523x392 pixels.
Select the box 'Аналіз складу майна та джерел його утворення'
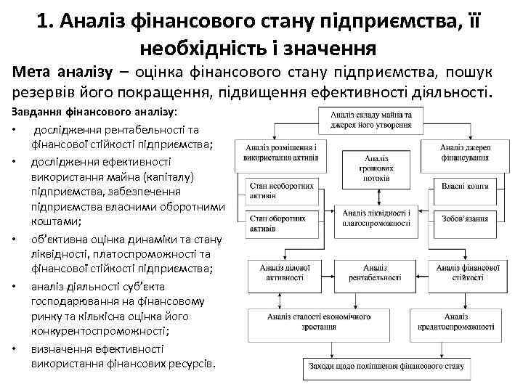370,119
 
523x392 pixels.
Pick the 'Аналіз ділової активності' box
280,272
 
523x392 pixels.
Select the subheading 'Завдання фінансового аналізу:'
94,113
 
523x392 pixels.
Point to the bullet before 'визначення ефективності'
15,348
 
